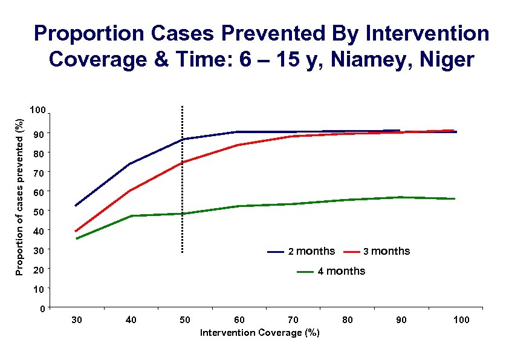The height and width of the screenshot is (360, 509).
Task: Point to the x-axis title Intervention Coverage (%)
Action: tap(260, 333)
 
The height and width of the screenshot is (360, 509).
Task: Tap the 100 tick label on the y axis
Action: tap(37, 111)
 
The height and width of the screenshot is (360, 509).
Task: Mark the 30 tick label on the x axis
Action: tap(77, 319)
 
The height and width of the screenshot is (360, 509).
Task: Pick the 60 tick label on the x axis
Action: tap(239, 319)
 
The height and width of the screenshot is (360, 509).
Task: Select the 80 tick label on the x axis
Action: tap(348, 319)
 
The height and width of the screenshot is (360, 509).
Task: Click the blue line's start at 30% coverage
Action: tap(76, 206)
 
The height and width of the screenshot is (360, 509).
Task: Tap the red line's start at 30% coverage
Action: tap(76, 231)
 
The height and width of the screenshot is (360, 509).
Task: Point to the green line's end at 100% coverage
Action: tap(455, 198)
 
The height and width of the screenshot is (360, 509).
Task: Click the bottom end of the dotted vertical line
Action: tap(182, 252)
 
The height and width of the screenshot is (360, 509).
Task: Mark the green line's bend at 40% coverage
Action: tap(131, 215)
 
